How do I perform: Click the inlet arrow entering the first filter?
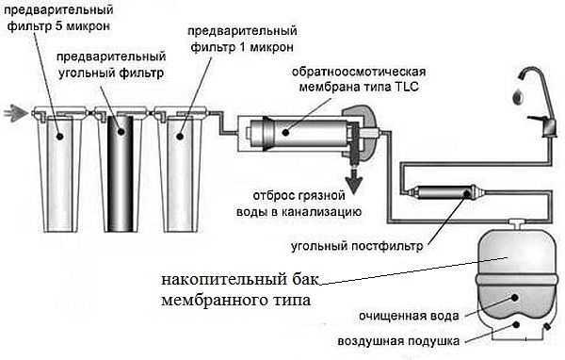[16, 112]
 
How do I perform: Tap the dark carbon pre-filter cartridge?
[121, 173]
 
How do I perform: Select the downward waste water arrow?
[354, 181]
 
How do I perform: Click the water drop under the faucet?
[518, 97]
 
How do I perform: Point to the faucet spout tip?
[522, 75]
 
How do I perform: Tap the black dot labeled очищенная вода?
[515, 298]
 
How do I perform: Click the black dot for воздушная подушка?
[516, 324]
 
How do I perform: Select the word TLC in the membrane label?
[407, 88]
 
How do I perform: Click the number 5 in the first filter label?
[59, 26]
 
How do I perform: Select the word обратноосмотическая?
[359, 72]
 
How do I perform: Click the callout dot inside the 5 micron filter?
[60, 137]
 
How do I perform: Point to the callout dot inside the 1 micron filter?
[180, 136]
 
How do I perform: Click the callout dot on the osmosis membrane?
[285, 132]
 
